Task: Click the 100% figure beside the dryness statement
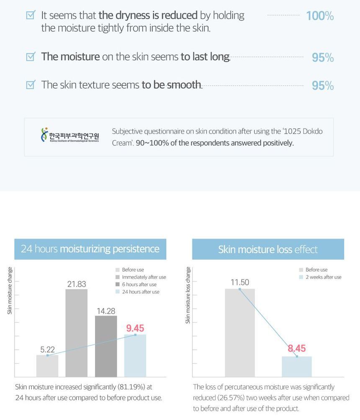[x=320, y=16]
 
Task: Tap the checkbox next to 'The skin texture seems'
[x=31, y=85]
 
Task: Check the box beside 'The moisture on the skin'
[x=31, y=56]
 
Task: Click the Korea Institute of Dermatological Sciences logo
[x=69, y=135]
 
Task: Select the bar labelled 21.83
[x=77, y=333]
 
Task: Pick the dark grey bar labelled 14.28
[x=106, y=346]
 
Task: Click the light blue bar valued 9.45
[x=135, y=356]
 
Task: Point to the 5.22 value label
[x=47, y=349]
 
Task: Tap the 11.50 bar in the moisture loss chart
[x=240, y=333]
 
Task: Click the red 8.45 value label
[x=297, y=348]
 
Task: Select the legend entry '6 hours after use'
[x=136, y=284]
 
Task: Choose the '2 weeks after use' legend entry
[x=320, y=277]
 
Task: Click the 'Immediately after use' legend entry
[x=141, y=277]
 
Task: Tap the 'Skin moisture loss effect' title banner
[x=268, y=249]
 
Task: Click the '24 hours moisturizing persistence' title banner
[x=90, y=249]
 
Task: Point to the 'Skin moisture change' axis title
[x=10, y=291]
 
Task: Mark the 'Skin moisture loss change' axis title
[x=188, y=295]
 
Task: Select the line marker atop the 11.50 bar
[x=239, y=289]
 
